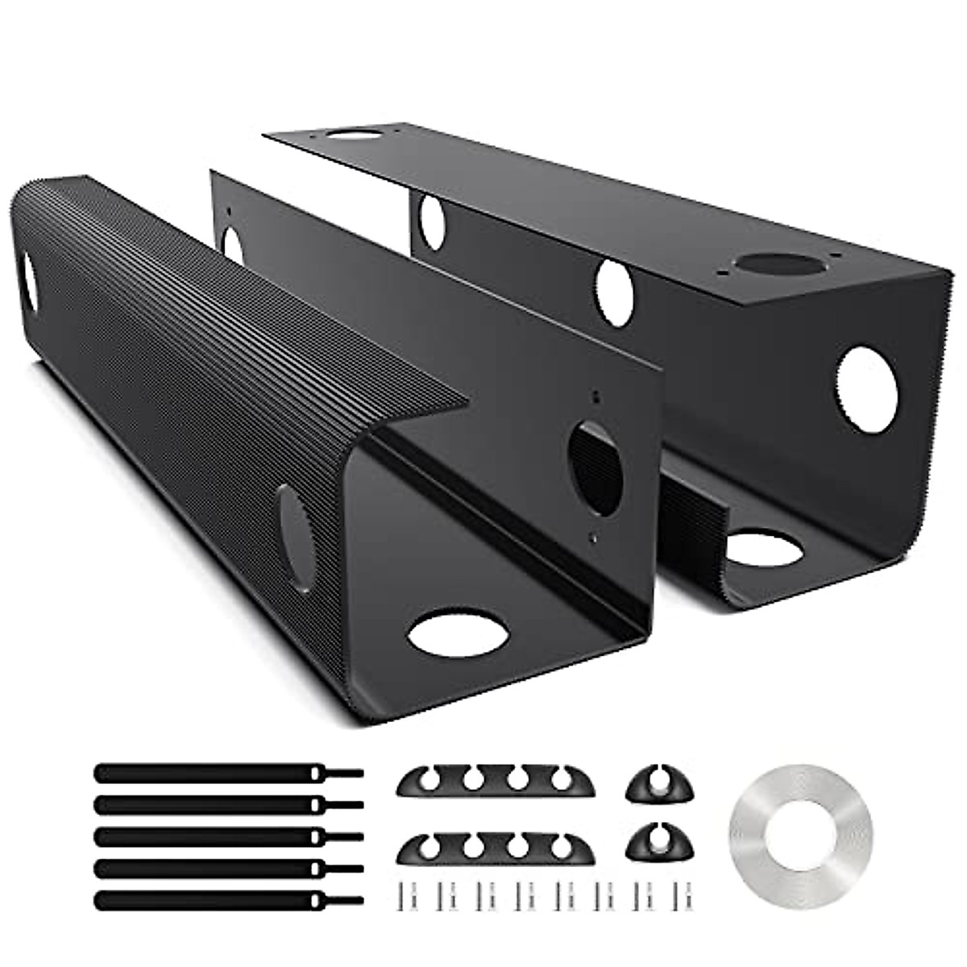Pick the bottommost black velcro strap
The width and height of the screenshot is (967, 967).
click(210, 900)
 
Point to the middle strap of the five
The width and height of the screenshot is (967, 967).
click(210, 836)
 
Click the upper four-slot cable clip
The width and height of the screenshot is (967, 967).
click(496, 782)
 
